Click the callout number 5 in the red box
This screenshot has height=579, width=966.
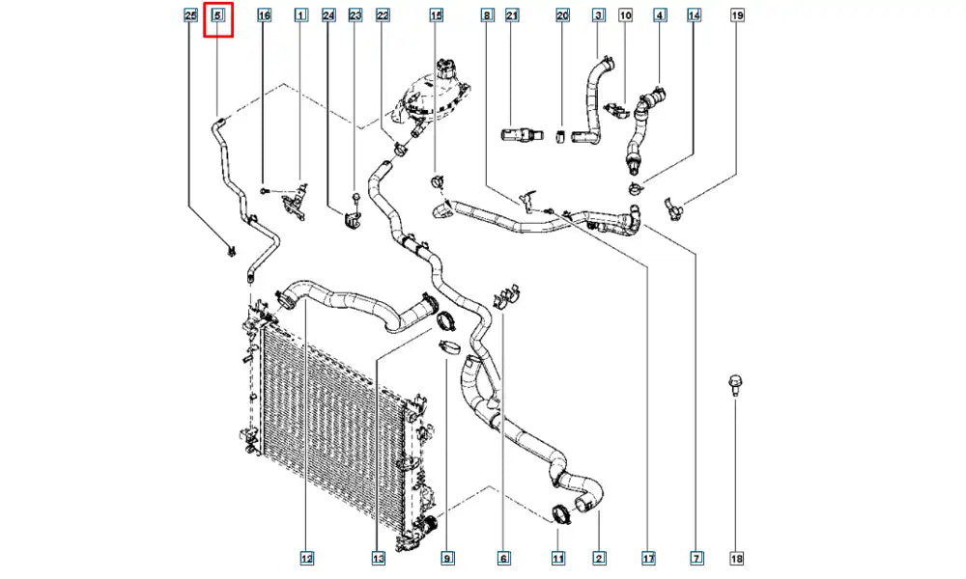[x=217, y=15]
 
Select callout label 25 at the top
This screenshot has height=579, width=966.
[x=191, y=15]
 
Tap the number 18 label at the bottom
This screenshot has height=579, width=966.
[x=737, y=558]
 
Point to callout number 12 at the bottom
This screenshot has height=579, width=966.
[x=307, y=558]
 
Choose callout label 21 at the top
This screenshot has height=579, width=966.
[x=512, y=15]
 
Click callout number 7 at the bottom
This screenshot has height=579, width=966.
[x=696, y=558]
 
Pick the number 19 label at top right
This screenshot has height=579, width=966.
[x=737, y=15]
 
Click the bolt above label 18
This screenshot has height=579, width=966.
[x=734, y=385]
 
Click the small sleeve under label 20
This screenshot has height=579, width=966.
[x=560, y=137]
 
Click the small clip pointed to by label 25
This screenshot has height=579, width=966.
[x=232, y=251]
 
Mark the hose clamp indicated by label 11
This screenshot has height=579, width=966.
[x=561, y=513]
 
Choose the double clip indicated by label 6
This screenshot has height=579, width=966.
[x=507, y=294]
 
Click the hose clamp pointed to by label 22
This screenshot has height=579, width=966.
[x=401, y=149]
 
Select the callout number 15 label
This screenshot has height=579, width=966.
[x=437, y=15]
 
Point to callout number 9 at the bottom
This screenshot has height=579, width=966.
[x=448, y=558]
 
